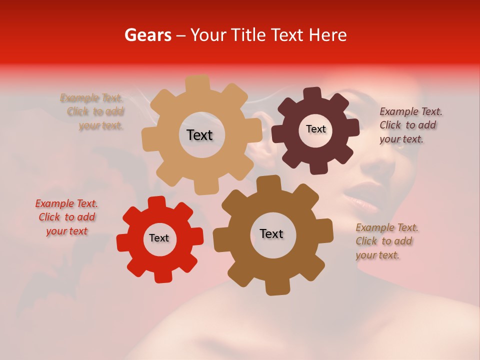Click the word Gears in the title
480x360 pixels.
[x=147, y=35]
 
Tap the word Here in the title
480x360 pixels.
[x=328, y=35]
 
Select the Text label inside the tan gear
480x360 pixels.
[x=199, y=135]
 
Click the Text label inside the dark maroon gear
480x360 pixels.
[x=315, y=129]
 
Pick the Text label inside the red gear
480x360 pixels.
[x=159, y=238]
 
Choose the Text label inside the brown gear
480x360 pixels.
[x=271, y=233]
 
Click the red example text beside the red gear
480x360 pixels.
[x=66, y=217]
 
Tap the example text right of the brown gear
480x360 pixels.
[x=386, y=241]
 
